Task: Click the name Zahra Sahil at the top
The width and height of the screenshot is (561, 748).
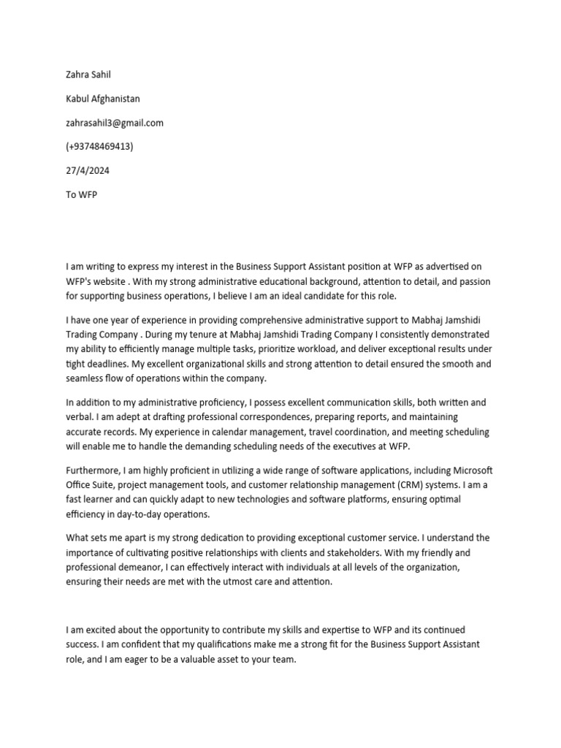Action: click(88, 75)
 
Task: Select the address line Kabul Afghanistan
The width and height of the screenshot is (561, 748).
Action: click(103, 99)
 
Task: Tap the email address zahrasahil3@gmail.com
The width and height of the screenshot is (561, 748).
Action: click(115, 123)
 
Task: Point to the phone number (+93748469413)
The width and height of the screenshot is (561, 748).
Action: click(99, 147)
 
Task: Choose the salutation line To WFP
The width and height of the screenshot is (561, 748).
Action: click(81, 195)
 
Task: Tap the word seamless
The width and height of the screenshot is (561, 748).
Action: click(86, 378)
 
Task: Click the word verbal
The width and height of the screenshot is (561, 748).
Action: click(80, 416)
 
